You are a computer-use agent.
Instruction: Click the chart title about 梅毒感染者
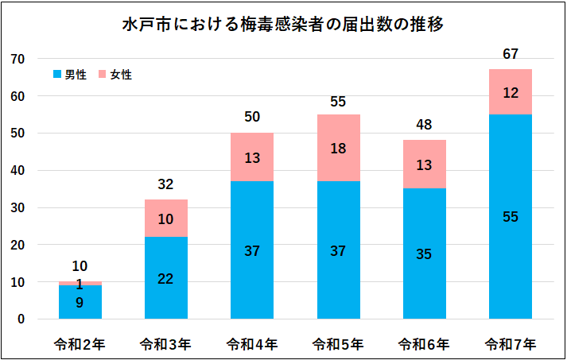282,25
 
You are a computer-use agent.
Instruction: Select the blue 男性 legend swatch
56,74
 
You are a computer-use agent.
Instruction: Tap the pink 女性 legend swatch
102,74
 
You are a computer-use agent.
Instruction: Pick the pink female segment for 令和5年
338,147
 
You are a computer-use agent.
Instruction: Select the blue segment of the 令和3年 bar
165,278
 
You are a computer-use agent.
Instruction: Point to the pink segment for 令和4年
252,157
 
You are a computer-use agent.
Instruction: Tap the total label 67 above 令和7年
511,54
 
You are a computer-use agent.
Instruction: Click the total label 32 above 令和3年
165,184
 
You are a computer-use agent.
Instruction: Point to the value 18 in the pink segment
338,147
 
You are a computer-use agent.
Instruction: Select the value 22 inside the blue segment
165,279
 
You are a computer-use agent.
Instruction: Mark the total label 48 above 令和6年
425,125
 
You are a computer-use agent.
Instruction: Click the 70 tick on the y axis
18,59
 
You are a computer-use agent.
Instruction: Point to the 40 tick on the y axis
18,171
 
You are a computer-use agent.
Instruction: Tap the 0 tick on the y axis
21,319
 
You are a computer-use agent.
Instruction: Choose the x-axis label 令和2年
80,344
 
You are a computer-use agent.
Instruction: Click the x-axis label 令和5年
338,344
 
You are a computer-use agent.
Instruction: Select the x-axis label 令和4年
252,344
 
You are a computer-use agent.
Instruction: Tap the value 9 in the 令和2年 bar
80,302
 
